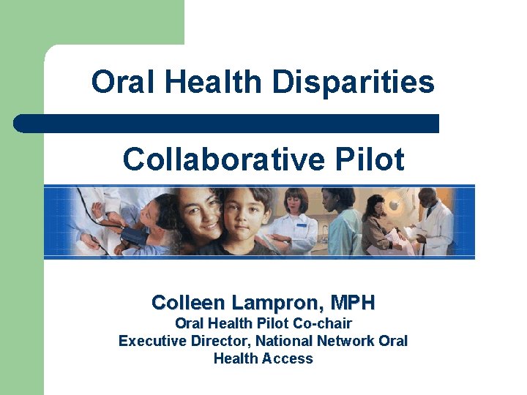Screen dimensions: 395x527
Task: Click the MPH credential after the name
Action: click(x=353, y=302)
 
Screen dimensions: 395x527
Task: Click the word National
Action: click(x=284, y=341)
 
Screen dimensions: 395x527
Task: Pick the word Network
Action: click(x=346, y=341)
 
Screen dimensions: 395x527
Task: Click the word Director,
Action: click(x=220, y=341)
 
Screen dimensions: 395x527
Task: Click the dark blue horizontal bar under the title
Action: click(x=227, y=124)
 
